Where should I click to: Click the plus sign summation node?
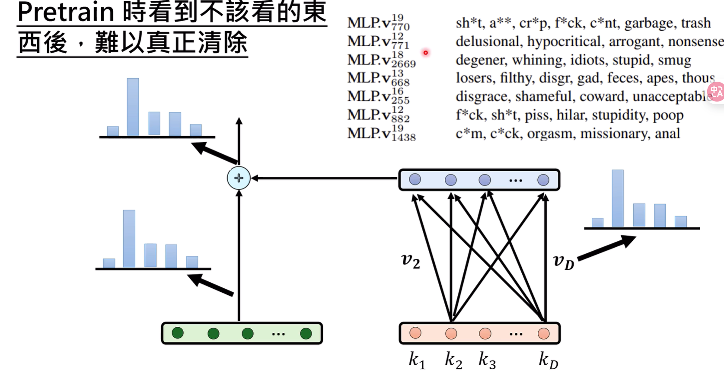coord(239,178)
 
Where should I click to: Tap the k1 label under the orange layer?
coord(417,360)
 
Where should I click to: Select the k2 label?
coord(453,360)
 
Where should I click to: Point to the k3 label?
coord(487,360)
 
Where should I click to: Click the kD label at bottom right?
coord(548,360)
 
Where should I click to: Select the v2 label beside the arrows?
coord(410,261)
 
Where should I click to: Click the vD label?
coord(563,261)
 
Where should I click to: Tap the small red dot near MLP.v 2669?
coord(425,53)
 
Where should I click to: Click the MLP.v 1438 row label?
coord(381,133)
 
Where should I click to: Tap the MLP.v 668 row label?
coord(378,78)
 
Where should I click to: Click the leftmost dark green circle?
coord(178,333)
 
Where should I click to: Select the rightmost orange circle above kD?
coord(543,333)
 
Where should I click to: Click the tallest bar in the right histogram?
coord(618,199)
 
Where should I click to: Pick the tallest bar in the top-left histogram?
coord(133,107)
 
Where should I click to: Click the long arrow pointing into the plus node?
coord(324,178)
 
